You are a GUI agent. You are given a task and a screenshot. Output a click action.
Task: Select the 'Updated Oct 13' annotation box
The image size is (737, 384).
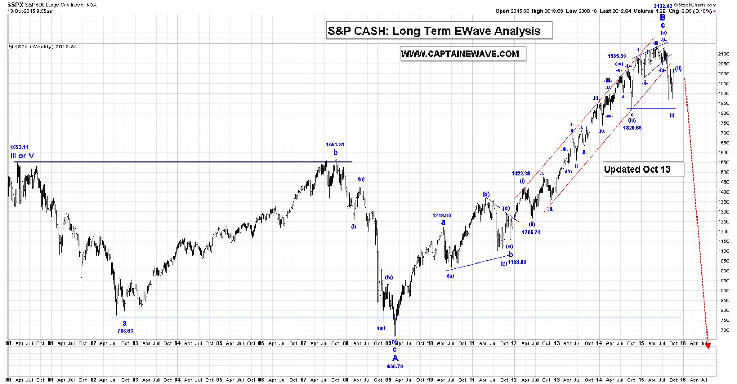tap(643, 169)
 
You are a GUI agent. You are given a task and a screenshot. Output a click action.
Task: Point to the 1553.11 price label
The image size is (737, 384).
tap(19, 147)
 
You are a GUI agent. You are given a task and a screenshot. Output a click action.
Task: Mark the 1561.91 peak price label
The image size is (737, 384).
tap(335, 144)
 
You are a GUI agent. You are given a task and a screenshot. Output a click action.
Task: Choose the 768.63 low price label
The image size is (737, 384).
tap(125, 331)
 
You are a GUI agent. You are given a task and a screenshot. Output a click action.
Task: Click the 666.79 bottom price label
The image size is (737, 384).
tap(395, 366)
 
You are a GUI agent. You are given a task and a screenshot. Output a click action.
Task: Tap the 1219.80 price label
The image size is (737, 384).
tap(442, 215)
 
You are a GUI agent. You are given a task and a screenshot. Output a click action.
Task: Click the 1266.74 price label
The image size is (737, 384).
tap(532, 231)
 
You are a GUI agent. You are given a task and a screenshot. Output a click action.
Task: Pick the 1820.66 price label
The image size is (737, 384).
tap(632, 128)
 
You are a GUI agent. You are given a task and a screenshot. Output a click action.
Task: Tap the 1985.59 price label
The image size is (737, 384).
tap(616, 56)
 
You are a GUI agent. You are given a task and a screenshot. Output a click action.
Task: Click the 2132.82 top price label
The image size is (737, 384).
tap(664, 6)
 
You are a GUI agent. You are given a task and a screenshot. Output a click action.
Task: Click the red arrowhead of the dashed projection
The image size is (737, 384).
tap(708, 347)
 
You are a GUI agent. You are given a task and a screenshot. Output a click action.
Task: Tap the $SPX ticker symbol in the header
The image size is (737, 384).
tap(15, 4)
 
